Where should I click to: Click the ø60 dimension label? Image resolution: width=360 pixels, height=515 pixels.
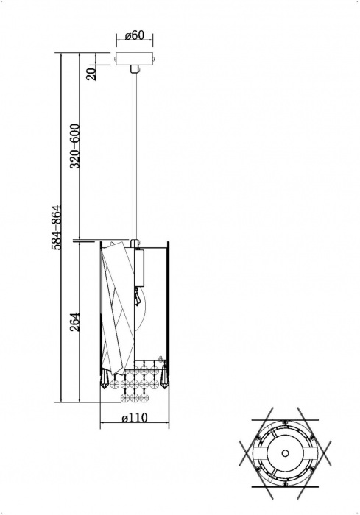pos(133,35)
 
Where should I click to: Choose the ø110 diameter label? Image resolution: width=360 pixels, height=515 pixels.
pos(133,419)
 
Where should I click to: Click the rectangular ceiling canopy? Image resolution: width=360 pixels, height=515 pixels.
pos(133,59)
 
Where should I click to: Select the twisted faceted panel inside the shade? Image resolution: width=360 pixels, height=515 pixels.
pos(116,302)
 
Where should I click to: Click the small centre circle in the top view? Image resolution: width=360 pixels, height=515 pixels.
pos(286,447)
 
